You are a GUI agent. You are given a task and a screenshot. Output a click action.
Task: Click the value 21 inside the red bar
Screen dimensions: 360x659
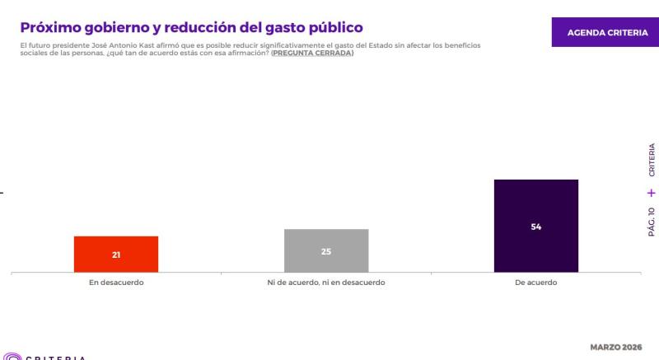point(116,255)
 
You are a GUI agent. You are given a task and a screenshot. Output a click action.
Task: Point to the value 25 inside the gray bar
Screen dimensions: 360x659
point(326,251)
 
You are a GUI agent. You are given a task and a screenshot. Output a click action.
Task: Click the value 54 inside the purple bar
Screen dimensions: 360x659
point(536,226)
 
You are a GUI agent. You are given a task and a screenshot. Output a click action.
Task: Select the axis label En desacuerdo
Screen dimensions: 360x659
point(116,283)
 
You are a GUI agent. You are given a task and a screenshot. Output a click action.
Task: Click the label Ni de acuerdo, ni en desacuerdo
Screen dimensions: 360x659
point(326,283)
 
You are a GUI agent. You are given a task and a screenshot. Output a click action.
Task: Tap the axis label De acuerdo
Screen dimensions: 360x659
point(536,283)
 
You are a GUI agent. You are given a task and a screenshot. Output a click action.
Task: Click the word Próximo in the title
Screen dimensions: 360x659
point(52,28)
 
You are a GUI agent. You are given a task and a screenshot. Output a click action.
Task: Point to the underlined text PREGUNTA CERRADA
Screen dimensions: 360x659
point(312,53)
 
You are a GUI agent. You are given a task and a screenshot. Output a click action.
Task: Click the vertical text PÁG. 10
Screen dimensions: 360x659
point(652,222)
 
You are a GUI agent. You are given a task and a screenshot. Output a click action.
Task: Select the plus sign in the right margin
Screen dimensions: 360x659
point(652,193)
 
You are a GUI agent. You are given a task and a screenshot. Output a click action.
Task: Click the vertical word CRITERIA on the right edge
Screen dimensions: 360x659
point(652,161)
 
